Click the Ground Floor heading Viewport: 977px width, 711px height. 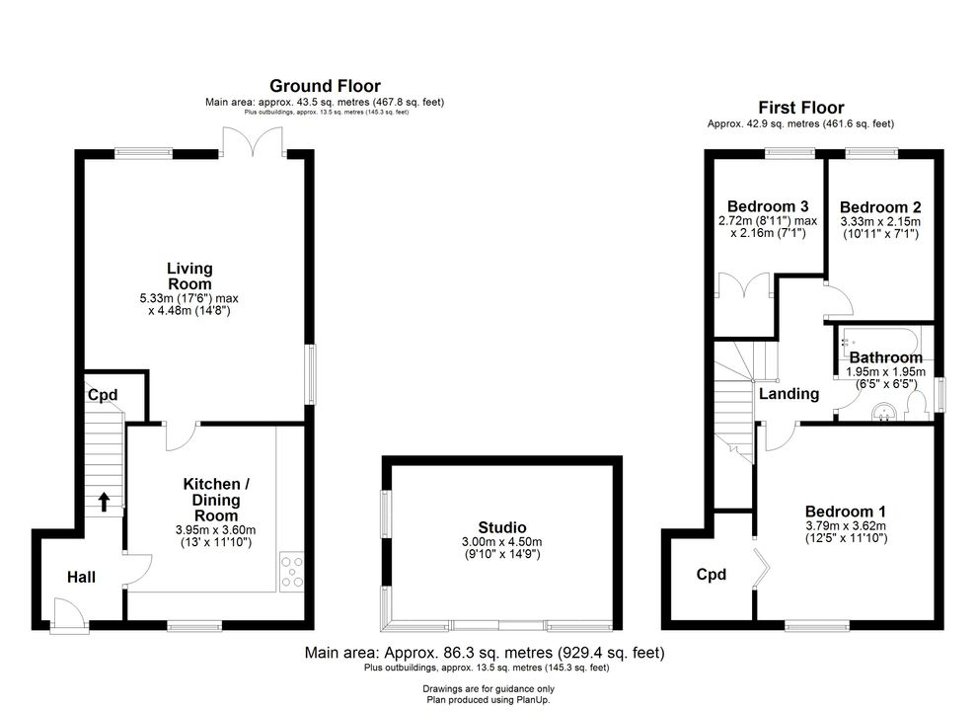(x=325, y=86)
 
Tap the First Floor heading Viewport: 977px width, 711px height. (x=800, y=108)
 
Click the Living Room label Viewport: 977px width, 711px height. (x=189, y=276)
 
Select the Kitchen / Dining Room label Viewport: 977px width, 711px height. (x=216, y=500)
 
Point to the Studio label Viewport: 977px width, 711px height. (x=502, y=527)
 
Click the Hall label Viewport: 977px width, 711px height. (x=81, y=577)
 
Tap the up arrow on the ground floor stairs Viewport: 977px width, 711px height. (x=104, y=502)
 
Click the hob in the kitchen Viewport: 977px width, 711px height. (x=291, y=572)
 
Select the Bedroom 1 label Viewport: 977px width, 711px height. (x=845, y=513)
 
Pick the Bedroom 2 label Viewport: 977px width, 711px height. (x=880, y=207)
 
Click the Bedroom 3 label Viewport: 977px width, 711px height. (x=768, y=206)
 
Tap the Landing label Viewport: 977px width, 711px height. (x=789, y=394)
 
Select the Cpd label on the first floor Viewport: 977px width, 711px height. (x=711, y=575)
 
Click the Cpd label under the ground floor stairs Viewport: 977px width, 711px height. (x=103, y=395)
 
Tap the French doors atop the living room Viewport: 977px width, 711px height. (x=253, y=141)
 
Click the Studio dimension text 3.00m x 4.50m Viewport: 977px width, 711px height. (x=501, y=542)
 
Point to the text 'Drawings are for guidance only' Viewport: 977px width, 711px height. (x=488, y=689)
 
